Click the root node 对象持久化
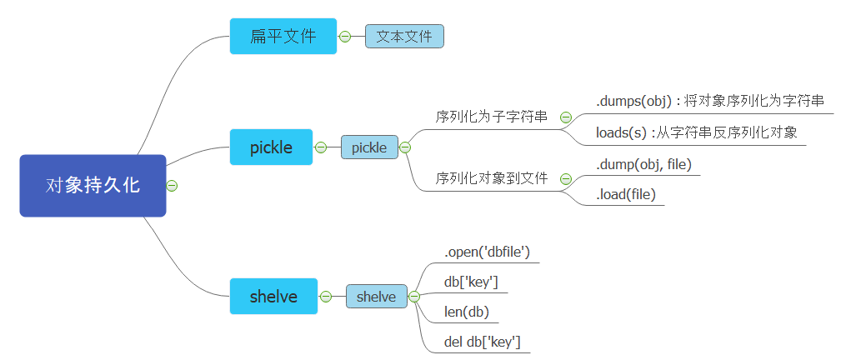[x=93, y=185]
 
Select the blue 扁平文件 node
[x=283, y=36]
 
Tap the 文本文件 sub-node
[x=404, y=36]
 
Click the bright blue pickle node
[x=271, y=147]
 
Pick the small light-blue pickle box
[x=369, y=147]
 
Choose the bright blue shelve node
[x=273, y=296]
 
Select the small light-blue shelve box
[x=376, y=296]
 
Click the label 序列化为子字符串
[x=492, y=117]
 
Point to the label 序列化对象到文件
[x=492, y=178]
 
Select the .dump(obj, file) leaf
[x=643, y=164]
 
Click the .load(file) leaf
[x=626, y=195]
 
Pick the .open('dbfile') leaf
[x=488, y=252]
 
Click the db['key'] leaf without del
[x=471, y=282]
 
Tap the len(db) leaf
[x=467, y=312]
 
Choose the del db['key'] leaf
[x=483, y=342]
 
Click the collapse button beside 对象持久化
[x=172, y=185]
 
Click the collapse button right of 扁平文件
[x=345, y=36]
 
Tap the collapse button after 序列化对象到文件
[x=566, y=178]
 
